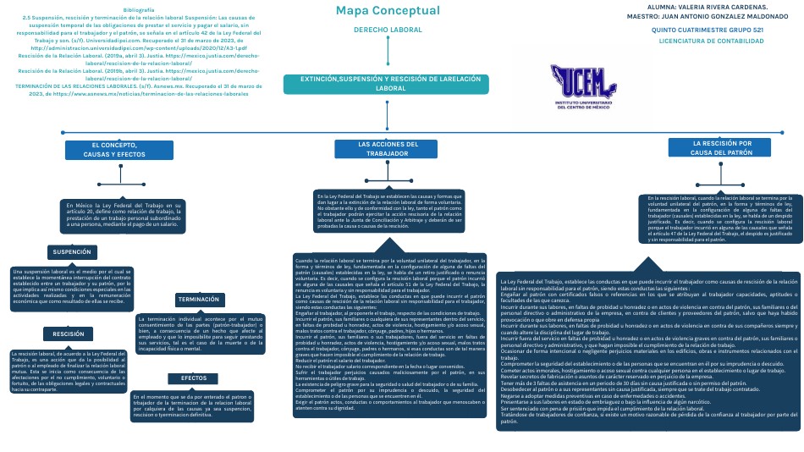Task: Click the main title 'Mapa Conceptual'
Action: click(388, 10)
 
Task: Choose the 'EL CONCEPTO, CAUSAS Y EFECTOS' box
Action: click(118, 150)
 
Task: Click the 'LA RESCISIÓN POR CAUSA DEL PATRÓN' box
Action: click(722, 148)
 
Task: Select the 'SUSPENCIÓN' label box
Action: click(72, 252)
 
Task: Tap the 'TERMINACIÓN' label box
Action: click(199, 300)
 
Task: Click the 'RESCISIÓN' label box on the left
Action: click(68, 334)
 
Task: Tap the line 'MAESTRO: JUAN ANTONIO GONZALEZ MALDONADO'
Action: click(706, 16)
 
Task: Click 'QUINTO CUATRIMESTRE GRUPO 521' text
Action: click(708, 30)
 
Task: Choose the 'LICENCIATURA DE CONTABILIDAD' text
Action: click(710, 40)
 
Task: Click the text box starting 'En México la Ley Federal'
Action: click(123, 215)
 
